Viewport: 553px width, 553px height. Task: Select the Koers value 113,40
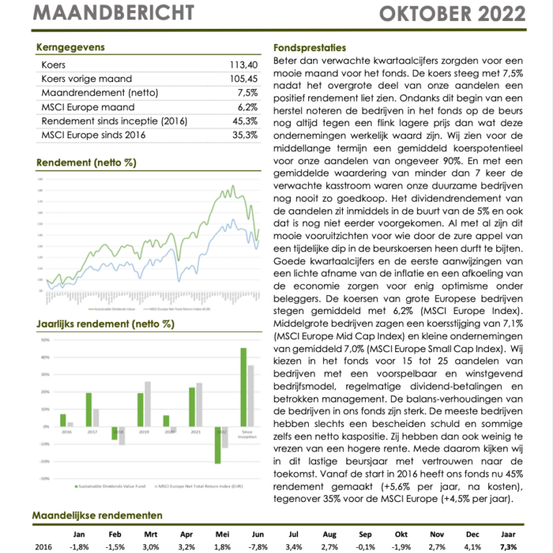coord(243,65)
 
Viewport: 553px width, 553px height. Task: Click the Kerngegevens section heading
coord(70,48)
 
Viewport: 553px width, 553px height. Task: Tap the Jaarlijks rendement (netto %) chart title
coord(104,324)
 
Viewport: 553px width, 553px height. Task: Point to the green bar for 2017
coord(89,410)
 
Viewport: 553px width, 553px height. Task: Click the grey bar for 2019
coord(148,404)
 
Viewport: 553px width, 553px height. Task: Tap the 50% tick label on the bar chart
coord(45,341)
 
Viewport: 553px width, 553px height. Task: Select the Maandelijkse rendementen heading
coord(97,516)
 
